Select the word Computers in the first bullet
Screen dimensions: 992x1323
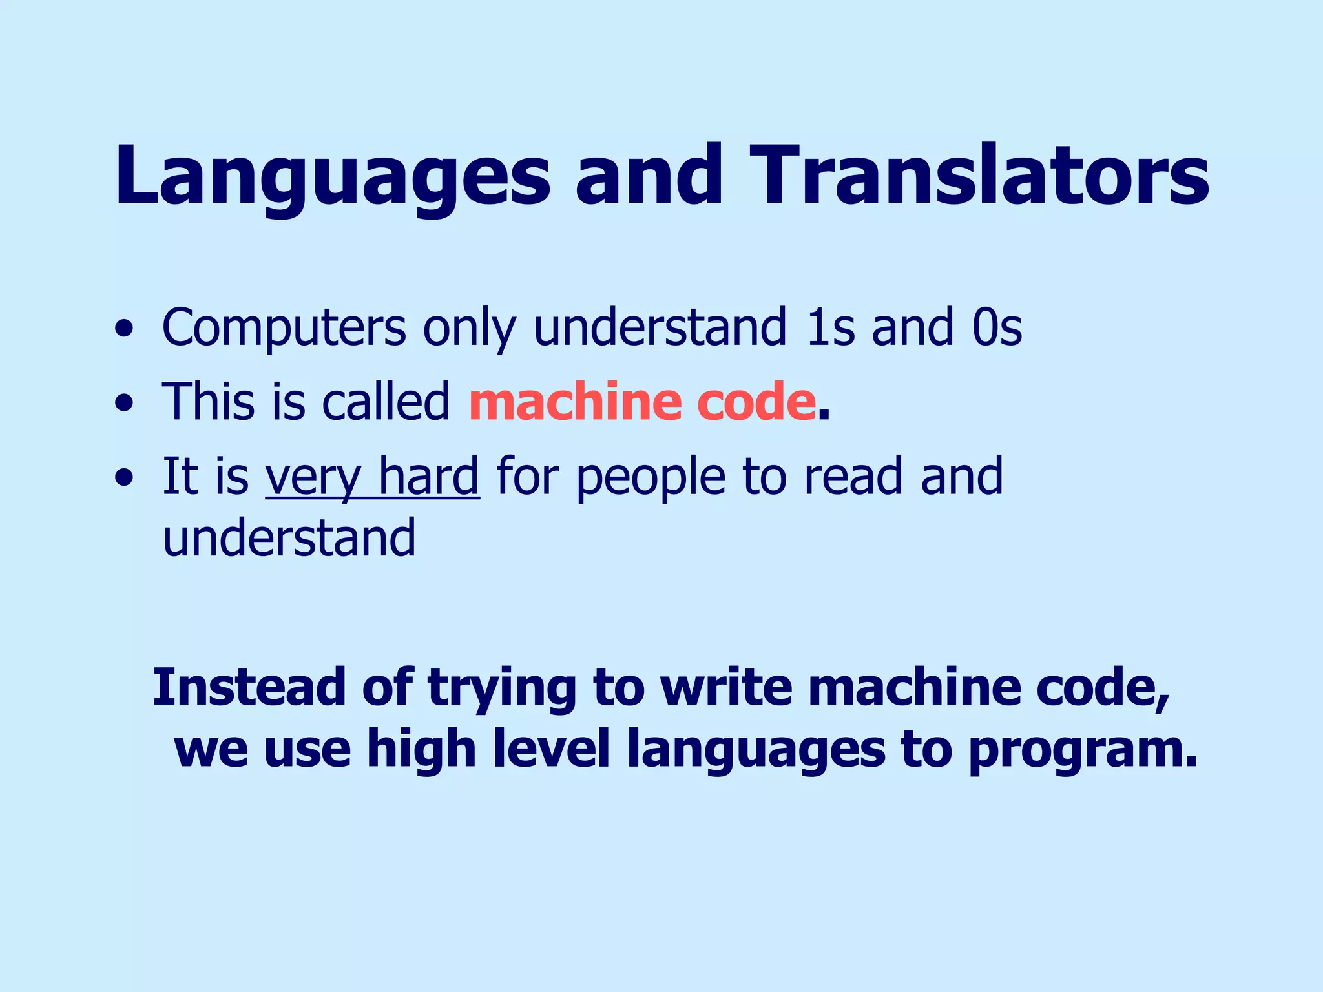pos(284,328)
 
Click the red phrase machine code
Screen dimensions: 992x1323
pos(642,402)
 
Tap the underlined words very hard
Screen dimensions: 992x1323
pos(372,477)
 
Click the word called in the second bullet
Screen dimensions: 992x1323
pos(386,402)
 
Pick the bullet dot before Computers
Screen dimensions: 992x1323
pos(123,330)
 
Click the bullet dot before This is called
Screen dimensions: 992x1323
pos(123,404)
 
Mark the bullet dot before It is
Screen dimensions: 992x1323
pos(123,479)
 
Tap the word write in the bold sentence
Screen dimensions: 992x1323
pos(726,687)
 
